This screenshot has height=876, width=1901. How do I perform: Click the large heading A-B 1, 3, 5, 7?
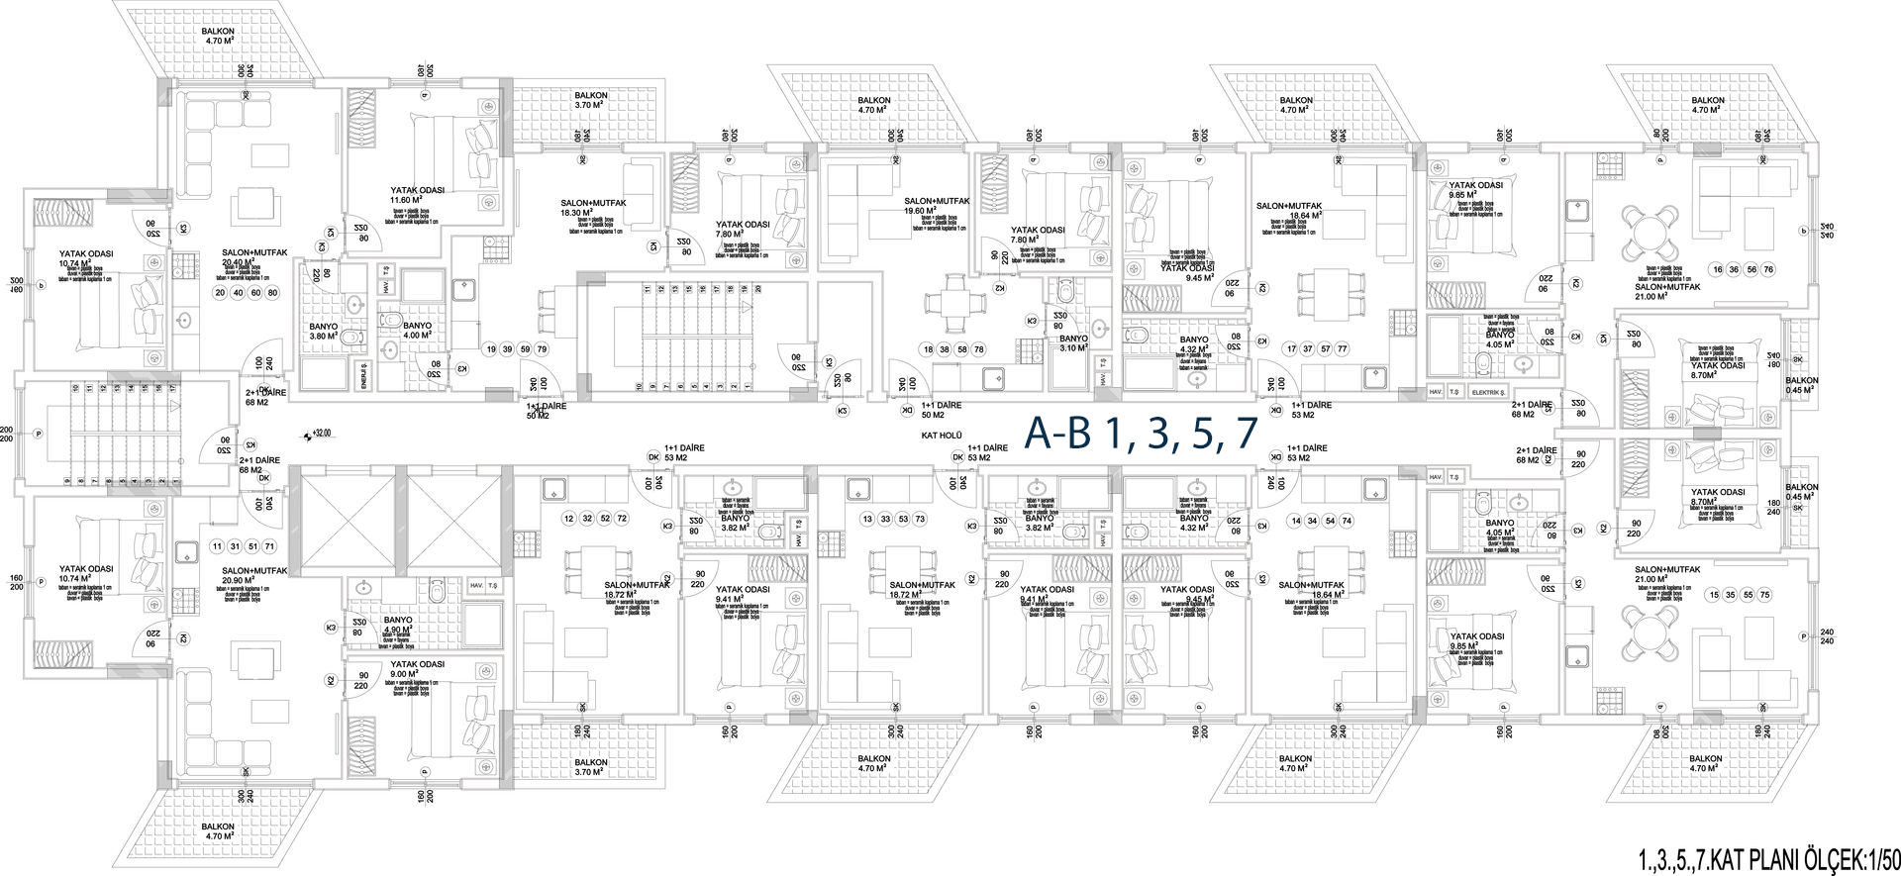point(1140,434)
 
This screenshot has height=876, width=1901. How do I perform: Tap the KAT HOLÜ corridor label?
point(942,435)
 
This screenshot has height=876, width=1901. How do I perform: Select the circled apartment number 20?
point(220,293)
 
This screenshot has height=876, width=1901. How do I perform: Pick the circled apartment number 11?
point(217,546)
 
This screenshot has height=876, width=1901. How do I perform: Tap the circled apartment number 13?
point(868,519)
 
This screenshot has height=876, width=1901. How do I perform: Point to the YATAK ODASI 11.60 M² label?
point(417,195)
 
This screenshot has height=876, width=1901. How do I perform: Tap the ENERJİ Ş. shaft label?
point(364,378)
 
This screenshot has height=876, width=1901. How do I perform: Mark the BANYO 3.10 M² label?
point(1073,343)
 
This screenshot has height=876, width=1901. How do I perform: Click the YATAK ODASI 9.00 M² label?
point(417,669)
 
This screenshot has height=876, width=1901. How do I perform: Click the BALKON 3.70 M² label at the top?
point(591,100)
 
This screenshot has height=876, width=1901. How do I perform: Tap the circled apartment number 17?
point(1291,348)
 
